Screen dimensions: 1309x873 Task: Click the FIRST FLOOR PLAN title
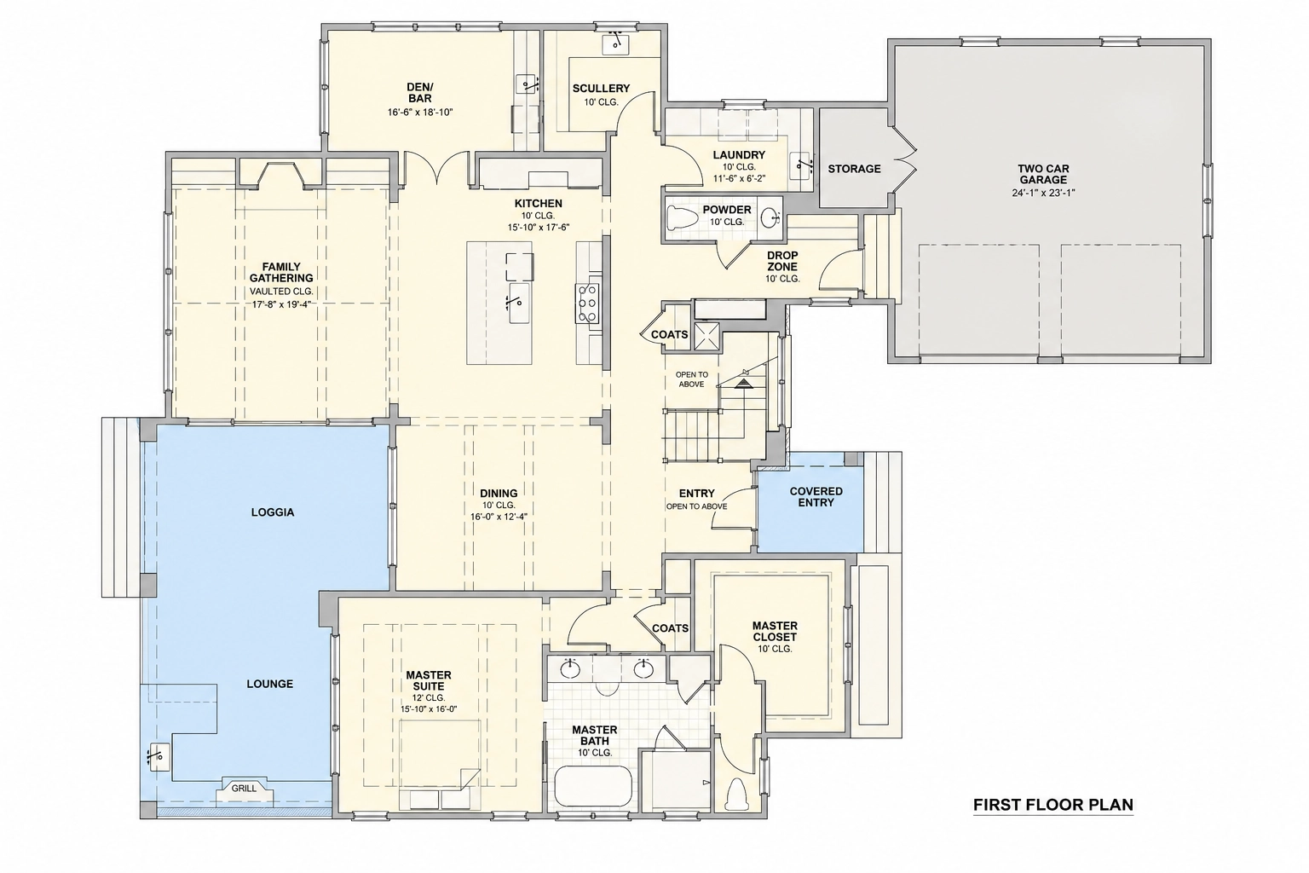1053,805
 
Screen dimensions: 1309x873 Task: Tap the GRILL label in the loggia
244,789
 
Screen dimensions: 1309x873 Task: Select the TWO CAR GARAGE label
1044,175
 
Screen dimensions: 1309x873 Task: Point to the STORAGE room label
855,169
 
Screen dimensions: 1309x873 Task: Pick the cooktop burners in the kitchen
587,303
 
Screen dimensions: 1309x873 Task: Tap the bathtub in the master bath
592,786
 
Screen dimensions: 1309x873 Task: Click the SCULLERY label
602,89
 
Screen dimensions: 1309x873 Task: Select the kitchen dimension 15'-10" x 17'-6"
539,227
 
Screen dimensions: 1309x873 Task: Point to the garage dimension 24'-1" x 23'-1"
1044,193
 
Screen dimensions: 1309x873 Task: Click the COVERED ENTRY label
816,497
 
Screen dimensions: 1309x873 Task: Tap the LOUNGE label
270,684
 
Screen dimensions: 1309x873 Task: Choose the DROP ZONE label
782,261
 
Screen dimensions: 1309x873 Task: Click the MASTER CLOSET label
775,631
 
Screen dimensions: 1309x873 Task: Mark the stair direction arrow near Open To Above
743,384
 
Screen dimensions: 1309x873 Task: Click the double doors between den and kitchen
438,169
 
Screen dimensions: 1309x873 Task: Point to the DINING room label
499,494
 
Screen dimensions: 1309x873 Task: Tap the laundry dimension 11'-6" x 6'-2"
739,178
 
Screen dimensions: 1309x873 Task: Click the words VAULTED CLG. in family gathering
282,292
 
